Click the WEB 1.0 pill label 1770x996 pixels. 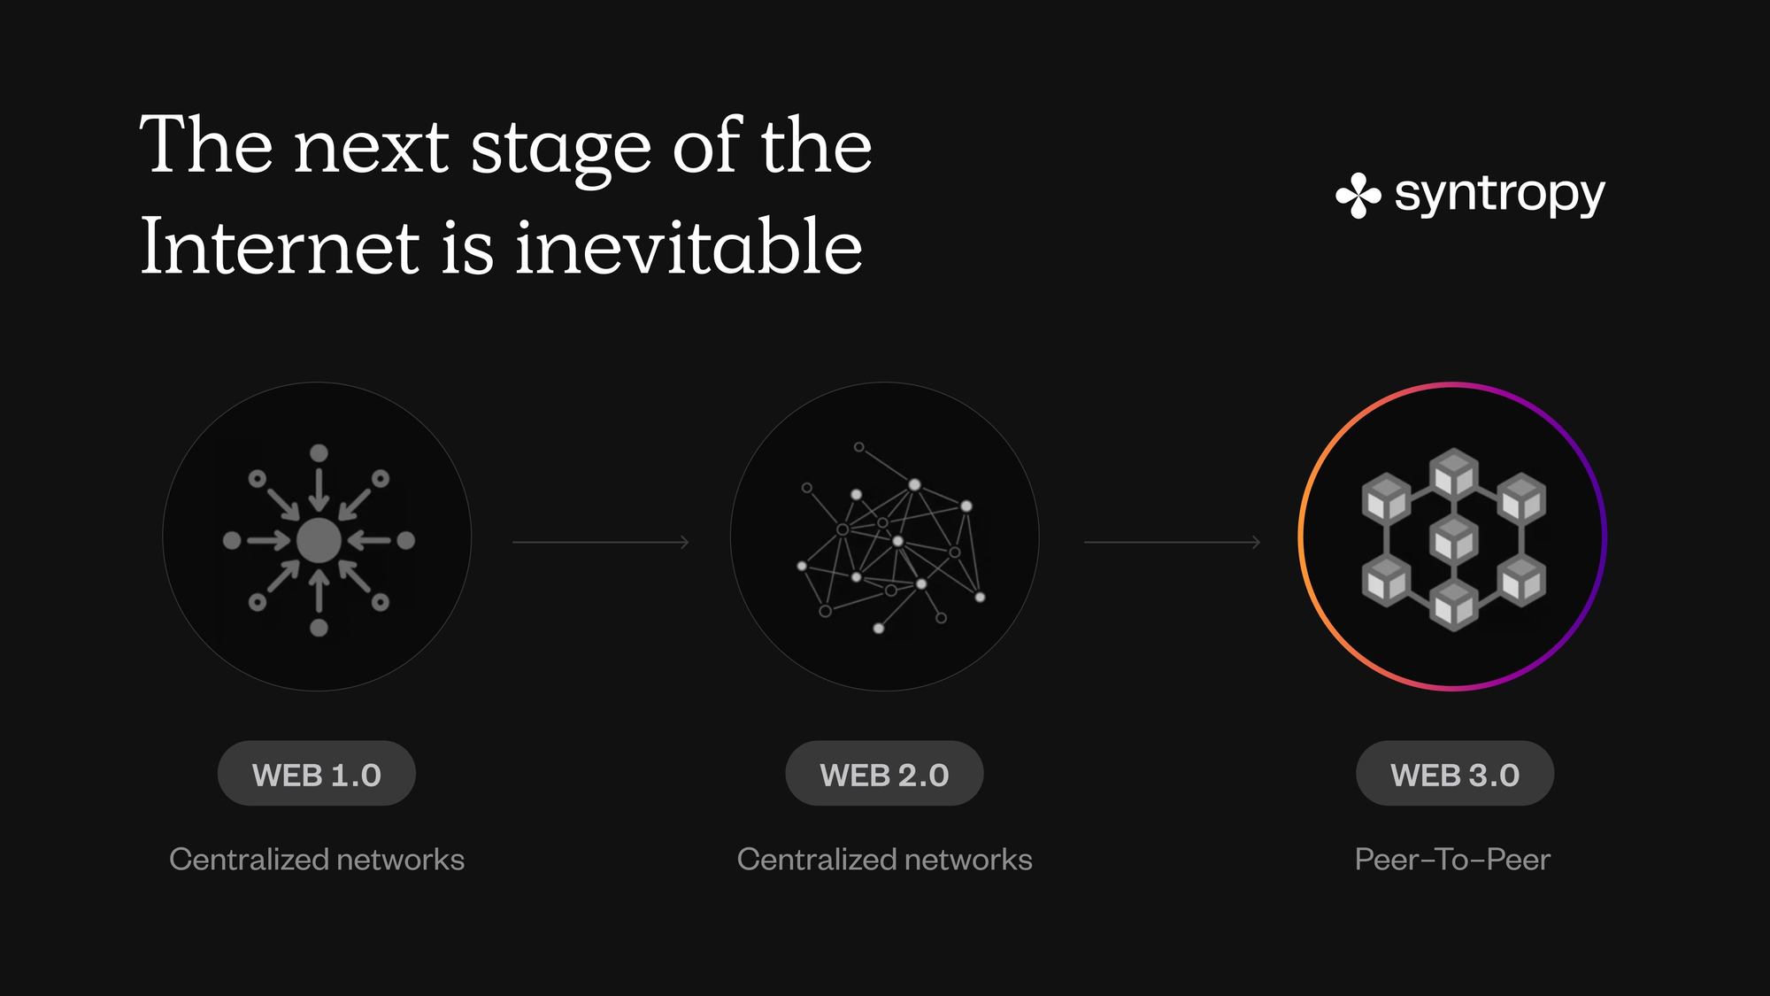coord(317,774)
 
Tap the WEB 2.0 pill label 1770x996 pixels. coord(884,774)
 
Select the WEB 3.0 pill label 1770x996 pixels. coord(1455,774)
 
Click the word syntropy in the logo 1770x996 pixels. coord(1500,195)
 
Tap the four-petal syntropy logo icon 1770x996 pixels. coord(1358,196)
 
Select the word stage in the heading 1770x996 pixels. coord(561,149)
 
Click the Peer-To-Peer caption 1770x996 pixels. coord(1452,859)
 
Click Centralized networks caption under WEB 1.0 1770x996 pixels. coord(317,859)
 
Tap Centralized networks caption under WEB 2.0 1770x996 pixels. coord(884,859)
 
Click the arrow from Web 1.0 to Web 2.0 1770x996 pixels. coord(601,542)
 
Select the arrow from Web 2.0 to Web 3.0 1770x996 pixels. coord(1173,542)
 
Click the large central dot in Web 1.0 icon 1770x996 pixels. coord(319,540)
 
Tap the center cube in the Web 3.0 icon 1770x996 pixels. coord(1454,539)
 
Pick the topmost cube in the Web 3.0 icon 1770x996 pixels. coord(1454,474)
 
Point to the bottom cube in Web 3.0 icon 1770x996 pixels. coord(1454,606)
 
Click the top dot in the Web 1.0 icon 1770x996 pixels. coord(319,453)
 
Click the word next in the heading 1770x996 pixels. coord(372,149)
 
